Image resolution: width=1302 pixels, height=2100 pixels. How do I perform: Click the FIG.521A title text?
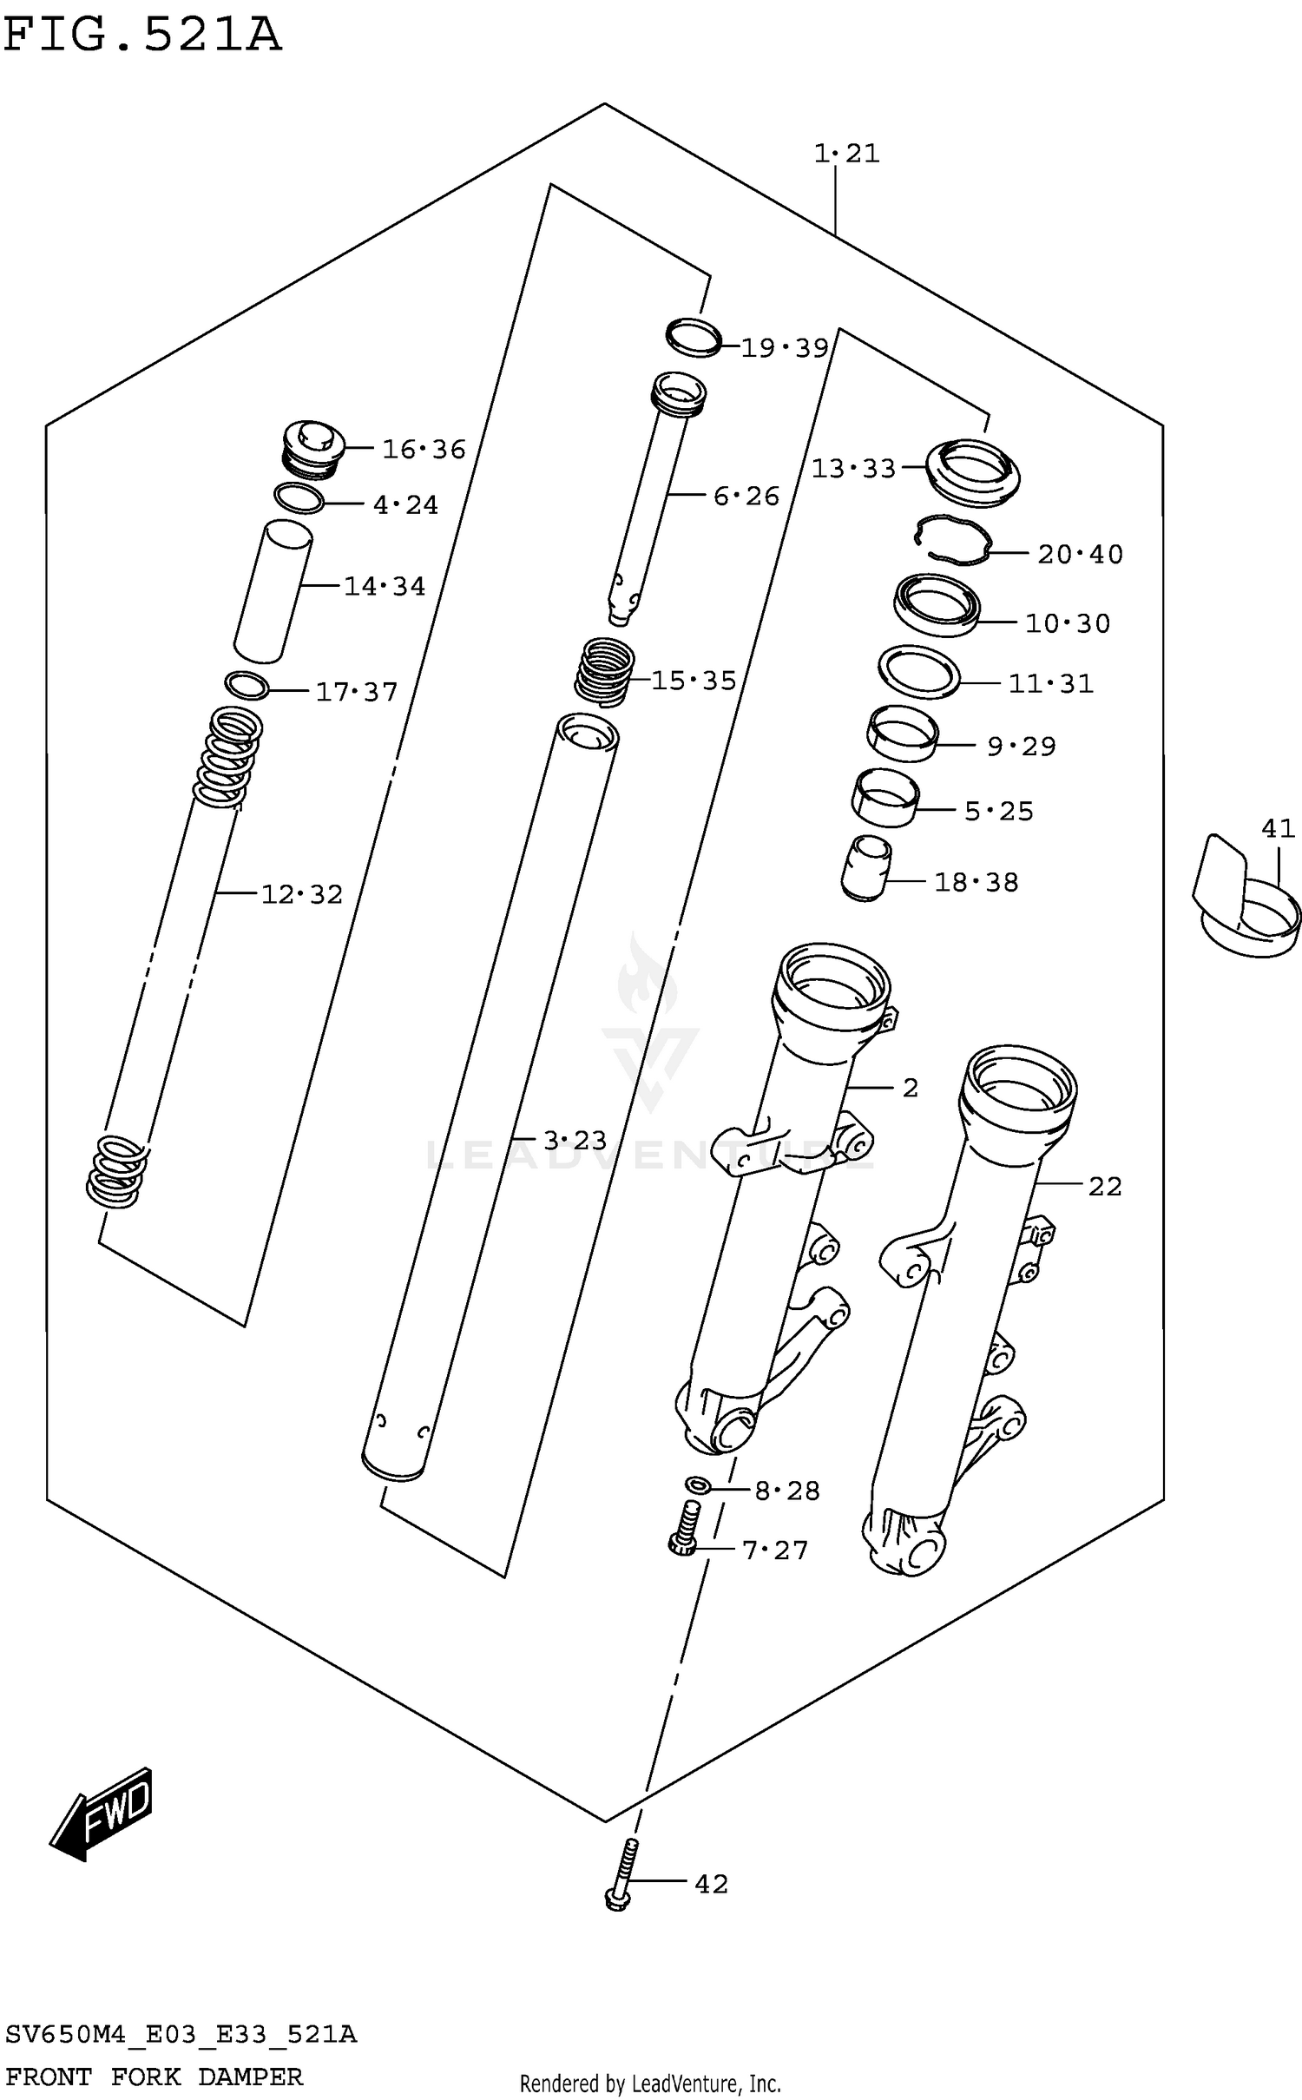coord(143,35)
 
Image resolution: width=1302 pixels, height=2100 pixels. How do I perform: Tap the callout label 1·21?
coord(846,154)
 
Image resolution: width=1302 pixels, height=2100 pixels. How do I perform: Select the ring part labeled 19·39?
coord(694,338)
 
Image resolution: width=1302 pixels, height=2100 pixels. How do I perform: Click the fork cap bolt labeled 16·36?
coord(313,449)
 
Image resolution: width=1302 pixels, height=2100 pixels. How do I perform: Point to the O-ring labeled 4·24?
coord(299,498)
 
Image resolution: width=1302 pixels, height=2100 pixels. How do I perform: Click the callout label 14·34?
coord(385,587)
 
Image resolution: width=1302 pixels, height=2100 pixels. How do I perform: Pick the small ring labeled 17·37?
coord(247,685)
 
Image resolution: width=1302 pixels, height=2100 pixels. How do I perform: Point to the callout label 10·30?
coord(1068,623)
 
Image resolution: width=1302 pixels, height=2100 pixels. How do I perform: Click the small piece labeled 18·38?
coord(865,868)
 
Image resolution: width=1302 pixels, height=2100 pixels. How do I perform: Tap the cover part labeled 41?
coord(1246,901)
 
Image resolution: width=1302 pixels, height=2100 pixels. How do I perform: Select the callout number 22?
coord(1105,1186)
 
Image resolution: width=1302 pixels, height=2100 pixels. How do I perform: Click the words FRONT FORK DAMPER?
coord(155,2077)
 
